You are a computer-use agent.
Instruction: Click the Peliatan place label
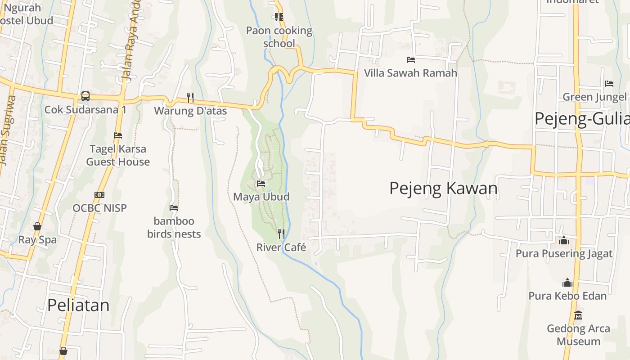pos(78,305)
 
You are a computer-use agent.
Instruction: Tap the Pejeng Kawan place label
pos(443,188)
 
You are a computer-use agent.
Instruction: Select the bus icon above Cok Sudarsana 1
pos(85,96)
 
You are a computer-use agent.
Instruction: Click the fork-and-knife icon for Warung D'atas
pos(190,97)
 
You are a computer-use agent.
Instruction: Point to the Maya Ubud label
pos(261,197)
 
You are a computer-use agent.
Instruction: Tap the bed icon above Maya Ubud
pos(261,184)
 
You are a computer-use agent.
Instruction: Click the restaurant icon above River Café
pos(281,234)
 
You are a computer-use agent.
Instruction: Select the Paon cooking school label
pos(279,37)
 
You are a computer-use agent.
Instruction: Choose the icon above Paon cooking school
pos(279,17)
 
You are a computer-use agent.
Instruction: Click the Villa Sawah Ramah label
pos(410,73)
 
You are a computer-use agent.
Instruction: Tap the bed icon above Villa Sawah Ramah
pos(410,59)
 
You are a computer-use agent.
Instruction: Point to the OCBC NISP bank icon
pos(99,194)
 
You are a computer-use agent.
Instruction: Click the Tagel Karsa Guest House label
pos(118,155)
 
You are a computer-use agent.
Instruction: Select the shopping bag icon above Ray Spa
pos(37,226)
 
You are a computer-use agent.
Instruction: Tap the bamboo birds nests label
pos(174,227)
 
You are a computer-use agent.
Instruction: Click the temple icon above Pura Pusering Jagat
pos(564,240)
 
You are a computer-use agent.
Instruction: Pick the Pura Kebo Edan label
pos(567,296)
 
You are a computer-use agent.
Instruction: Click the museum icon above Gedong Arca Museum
pos(578,315)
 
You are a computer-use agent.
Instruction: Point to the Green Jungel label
pos(594,97)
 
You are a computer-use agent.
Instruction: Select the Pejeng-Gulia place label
pos(582,119)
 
